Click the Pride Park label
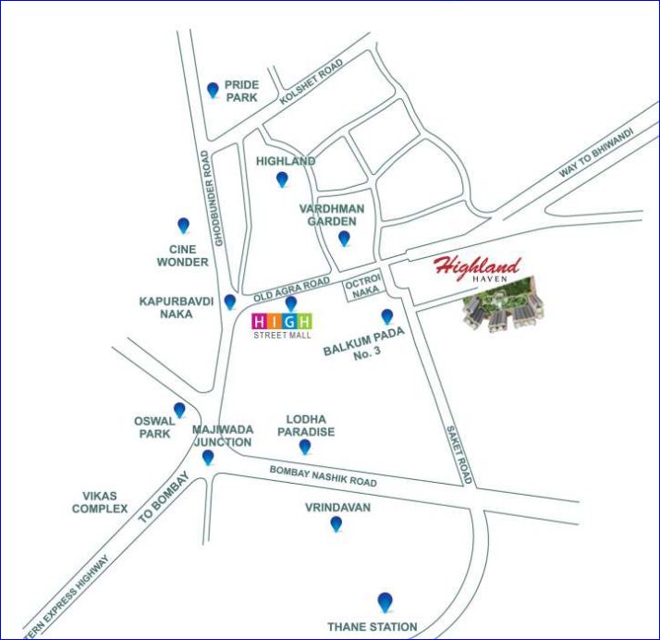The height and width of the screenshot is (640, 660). point(241,90)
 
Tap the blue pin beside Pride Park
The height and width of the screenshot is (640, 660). point(213,90)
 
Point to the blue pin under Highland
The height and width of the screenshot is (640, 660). point(282,179)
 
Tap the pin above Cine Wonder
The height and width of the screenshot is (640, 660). point(183,226)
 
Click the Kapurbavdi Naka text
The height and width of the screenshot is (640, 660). point(177,308)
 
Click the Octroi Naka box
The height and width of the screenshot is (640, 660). point(361,289)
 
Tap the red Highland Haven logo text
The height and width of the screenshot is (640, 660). point(478,269)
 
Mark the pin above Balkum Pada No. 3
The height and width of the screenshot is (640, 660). point(387,316)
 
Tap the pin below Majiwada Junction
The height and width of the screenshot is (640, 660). point(208,457)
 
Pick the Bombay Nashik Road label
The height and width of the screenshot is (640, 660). point(324,476)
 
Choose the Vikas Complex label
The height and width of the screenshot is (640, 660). point(100,502)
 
